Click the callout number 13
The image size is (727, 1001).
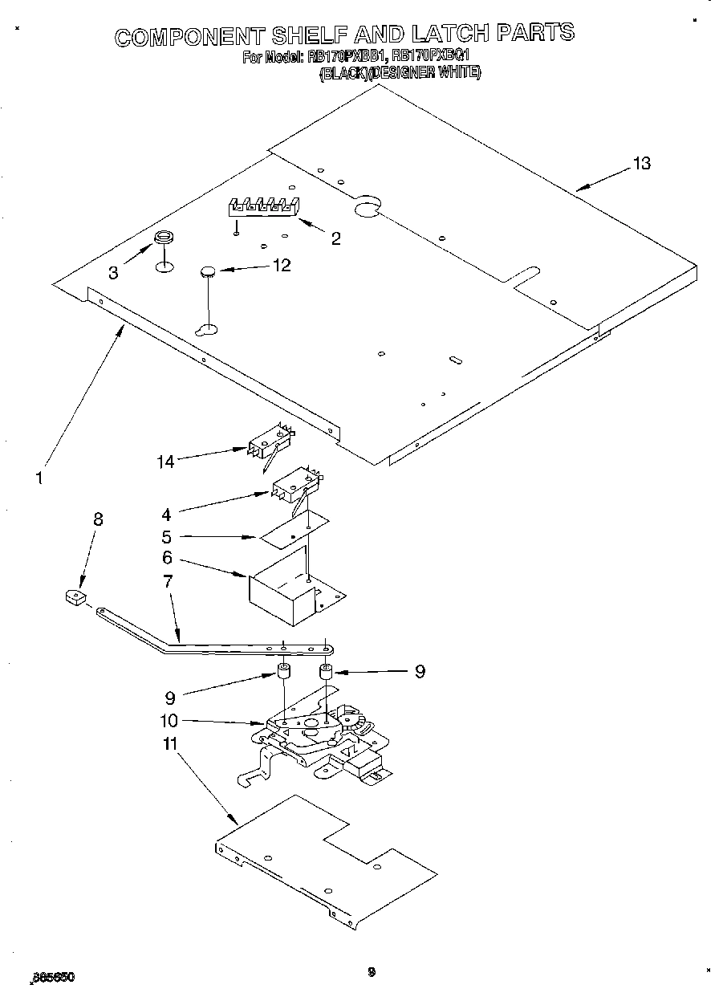click(640, 164)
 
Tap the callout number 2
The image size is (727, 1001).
click(335, 238)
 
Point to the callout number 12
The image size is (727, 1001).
click(282, 265)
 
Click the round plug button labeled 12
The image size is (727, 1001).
click(208, 273)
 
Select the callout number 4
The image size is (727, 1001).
click(166, 514)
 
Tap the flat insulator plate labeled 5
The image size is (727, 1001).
click(294, 530)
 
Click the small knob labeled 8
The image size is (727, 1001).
click(75, 597)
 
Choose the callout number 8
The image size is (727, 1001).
click(97, 519)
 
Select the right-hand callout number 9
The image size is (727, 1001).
click(419, 672)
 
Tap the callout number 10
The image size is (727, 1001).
click(169, 721)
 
